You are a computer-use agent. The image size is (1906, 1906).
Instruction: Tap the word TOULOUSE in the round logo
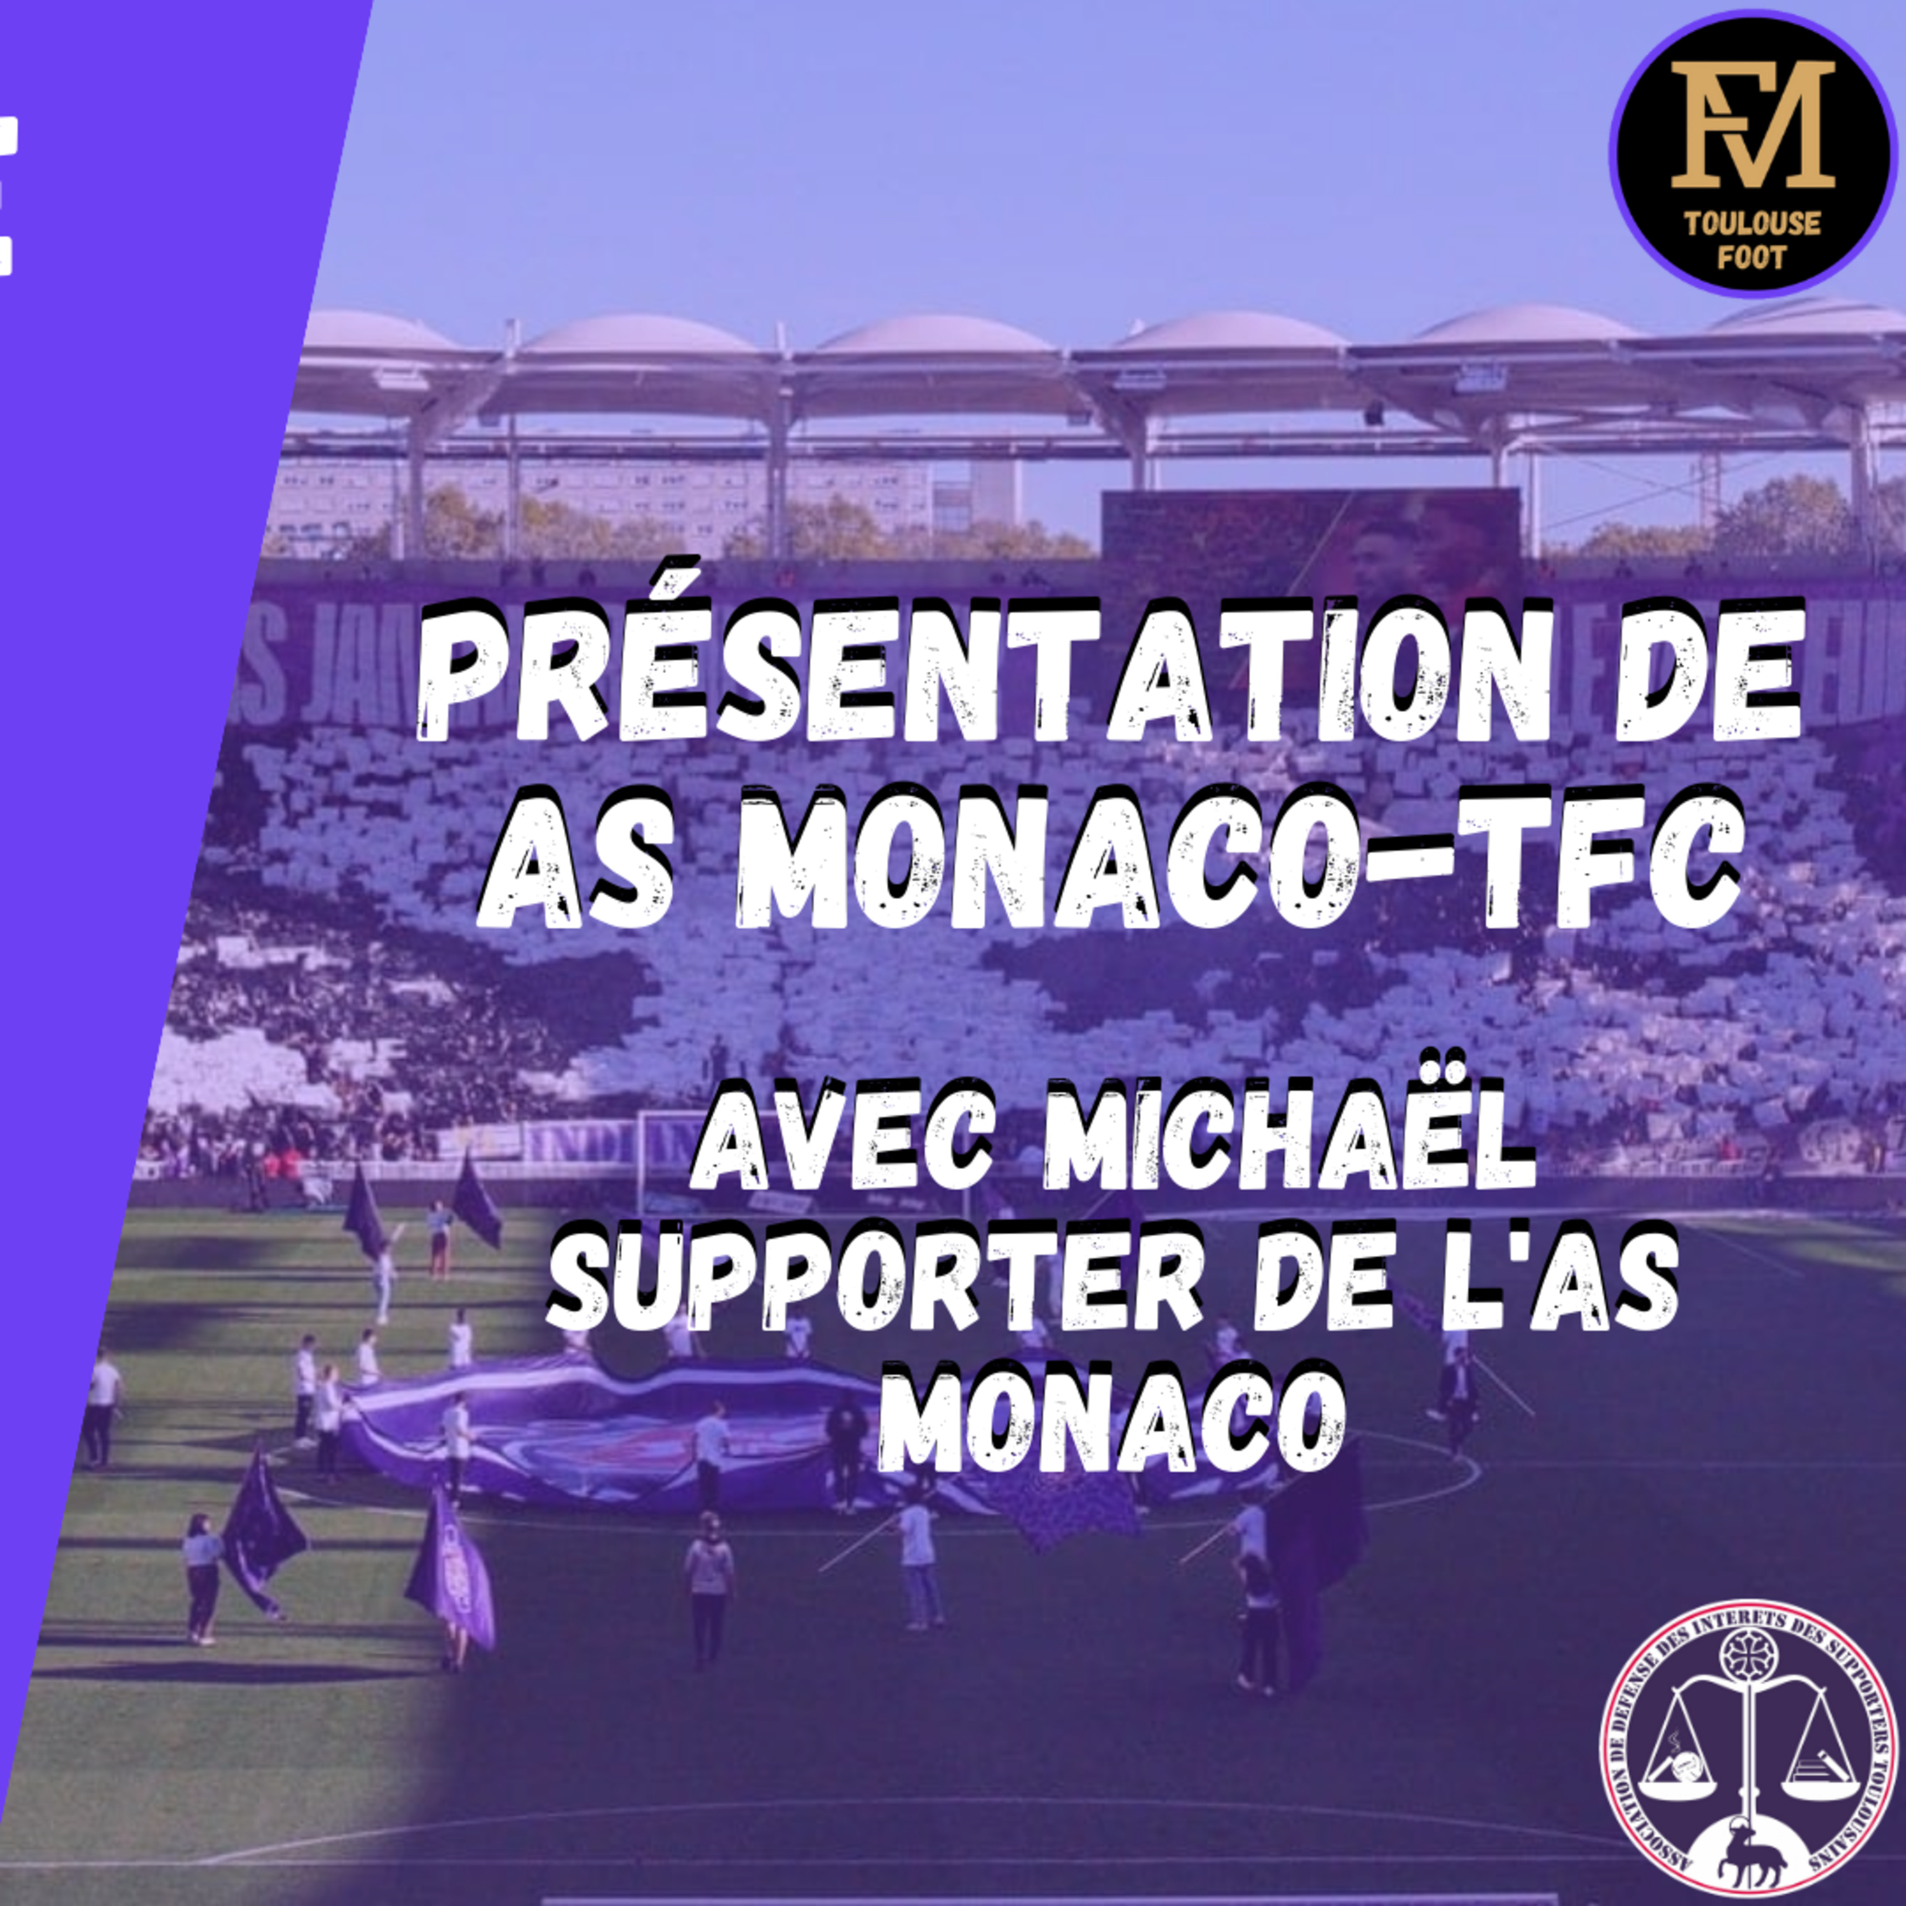[1752, 224]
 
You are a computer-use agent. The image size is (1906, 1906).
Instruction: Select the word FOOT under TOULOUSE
[1752, 259]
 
